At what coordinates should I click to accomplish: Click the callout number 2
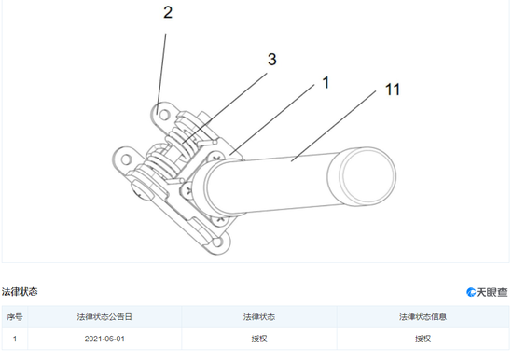point(168,13)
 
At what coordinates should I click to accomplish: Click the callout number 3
point(271,60)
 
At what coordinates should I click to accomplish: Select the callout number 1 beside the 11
point(326,82)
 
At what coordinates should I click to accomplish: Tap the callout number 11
point(393,90)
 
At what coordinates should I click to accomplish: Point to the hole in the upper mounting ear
point(164,115)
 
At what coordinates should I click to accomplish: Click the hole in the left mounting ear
point(126,159)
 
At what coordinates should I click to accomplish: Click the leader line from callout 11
point(333,126)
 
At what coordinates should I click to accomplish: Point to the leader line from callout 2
point(161,74)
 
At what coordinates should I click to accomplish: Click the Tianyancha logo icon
point(471,292)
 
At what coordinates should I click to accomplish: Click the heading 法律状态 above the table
point(20,292)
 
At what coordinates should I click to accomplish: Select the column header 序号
point(15,317)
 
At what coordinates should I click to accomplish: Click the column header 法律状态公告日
point(104,317)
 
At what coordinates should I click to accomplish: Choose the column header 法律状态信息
point(423,317)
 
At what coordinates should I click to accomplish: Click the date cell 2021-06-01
point(104,339)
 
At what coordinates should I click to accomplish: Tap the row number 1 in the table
point(15,339)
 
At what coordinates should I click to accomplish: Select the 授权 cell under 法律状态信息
point(423,339)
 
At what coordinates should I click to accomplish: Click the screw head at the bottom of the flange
point(218,220)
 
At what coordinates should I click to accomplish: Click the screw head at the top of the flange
point(216,158)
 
